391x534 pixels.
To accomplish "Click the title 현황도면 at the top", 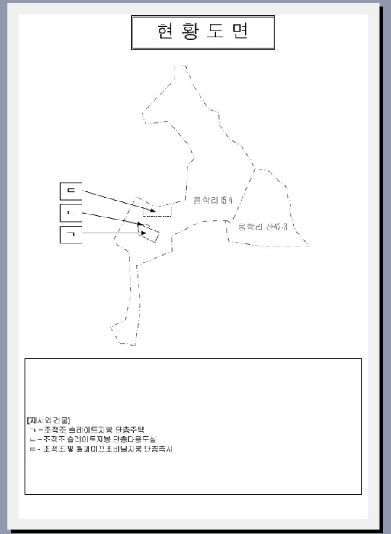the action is (203, 31).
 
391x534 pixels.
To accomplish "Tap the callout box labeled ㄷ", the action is (71, 191).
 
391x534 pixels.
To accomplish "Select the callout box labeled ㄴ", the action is (71, 213).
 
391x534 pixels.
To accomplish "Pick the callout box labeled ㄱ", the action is (71, 235).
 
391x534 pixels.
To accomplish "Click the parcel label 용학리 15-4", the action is (213, 200).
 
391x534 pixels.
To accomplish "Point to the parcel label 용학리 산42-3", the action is (262, 227).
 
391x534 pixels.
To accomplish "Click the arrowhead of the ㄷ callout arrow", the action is (153, 211).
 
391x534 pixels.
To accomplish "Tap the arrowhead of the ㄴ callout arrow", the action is (140, 224).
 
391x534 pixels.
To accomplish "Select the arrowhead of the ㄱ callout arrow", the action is (144, 233).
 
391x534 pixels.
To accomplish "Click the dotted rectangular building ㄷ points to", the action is (157, 212).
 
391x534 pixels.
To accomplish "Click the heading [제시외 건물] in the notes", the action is (48, 420).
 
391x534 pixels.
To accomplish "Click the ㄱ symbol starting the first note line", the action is (33, 429).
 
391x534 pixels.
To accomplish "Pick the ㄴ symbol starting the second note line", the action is (33, 439).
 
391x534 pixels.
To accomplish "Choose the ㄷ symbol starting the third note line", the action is (33, 449).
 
